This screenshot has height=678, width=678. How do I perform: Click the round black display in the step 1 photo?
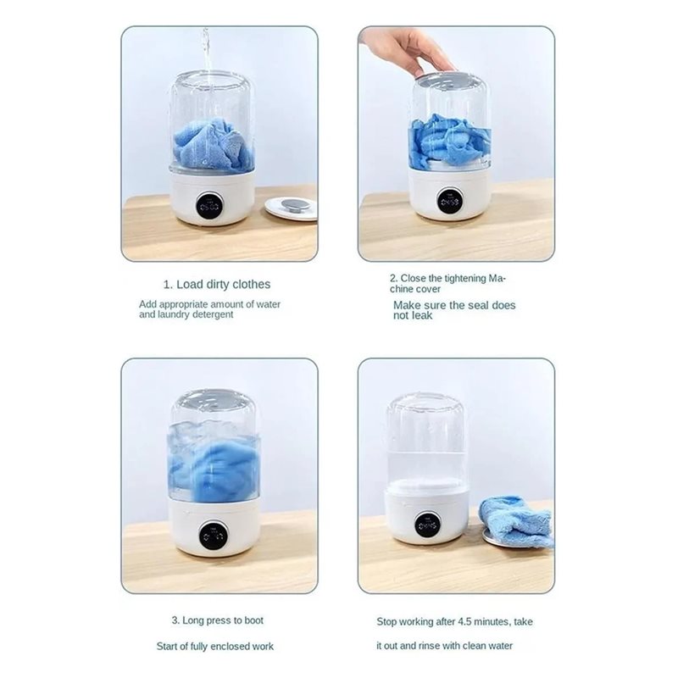[x=209, y=205]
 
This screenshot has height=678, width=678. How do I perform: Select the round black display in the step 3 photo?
[x=214, y=536]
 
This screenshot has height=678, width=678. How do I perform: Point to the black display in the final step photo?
[x=427, y=525]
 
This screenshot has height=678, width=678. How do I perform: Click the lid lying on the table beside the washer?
[x=291, y=208]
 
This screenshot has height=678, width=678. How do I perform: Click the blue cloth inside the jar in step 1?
[x=213, y=145]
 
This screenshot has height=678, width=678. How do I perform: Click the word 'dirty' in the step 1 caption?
[x=221, y=284]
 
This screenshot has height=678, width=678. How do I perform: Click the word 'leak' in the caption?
[x=421, y=315]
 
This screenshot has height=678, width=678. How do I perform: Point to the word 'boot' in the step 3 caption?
[x=253, y=620]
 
